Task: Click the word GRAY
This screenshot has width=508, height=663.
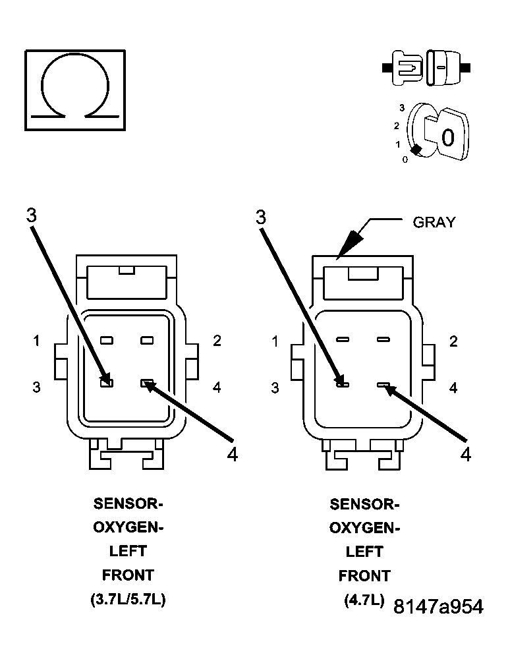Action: tap(434, 222)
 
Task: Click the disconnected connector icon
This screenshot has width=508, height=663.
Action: tap(426, 67)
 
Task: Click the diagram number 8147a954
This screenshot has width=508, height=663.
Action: tap(437, 607)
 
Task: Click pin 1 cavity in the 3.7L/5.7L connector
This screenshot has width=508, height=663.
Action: tap(107, 341)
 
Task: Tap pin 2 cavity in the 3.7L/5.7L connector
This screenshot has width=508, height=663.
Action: tap(147, 341)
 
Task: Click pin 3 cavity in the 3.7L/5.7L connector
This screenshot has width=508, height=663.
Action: tap(107, 382)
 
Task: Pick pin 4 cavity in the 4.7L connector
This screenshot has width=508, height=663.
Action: tap(383, 384)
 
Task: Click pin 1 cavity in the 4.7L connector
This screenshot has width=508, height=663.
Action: tap(342, 340)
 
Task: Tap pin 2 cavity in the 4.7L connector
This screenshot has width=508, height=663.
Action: tap(383, 340)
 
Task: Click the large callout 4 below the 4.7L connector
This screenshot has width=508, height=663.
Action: tap(465, 454)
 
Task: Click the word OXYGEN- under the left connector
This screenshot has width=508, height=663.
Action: tap(127, 528)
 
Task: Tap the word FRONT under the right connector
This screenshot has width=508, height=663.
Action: tap(364, 575)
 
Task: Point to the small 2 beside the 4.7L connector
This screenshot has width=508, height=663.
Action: tap(453, 341)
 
